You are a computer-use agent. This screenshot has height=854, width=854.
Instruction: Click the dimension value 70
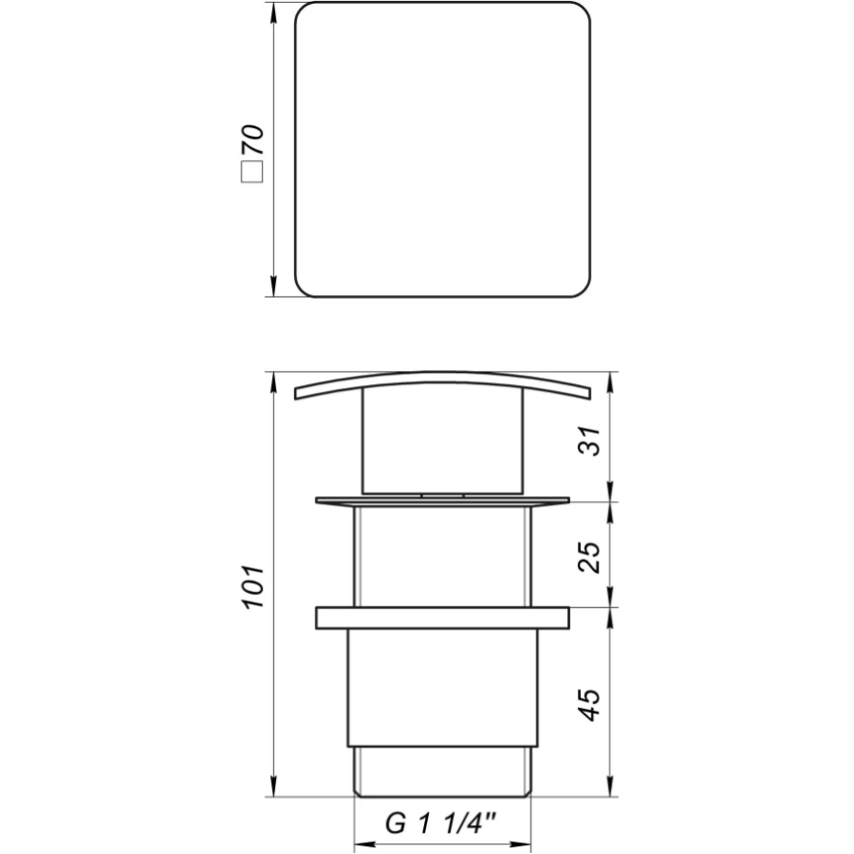(251, 140)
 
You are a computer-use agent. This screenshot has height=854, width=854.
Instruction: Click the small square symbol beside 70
(252, 172)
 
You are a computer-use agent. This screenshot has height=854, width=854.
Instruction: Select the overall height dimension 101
(252, 587)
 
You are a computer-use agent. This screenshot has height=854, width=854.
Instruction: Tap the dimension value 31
(590, 440)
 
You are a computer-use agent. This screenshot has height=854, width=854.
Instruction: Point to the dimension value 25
(590, 557)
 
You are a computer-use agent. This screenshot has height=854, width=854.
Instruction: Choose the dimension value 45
(590, 705)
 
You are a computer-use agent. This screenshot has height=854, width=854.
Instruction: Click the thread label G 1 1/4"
(441, 823)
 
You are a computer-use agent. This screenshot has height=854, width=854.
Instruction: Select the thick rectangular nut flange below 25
(442, 618)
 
